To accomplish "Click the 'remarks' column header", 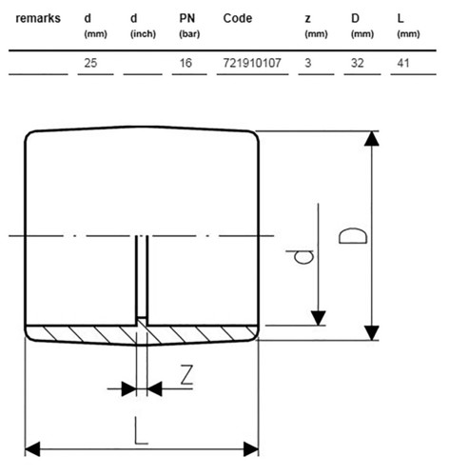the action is pyautogui.click(x=38, y=18).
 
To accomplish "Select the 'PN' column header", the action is pyautogui.click(x=187, y=18).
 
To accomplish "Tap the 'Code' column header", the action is pyautogui.click(x=238, y=18).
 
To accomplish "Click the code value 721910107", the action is pyautogui.click(x=252, y=63).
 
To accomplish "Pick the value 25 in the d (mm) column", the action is pyautogui.click(x=90, y=63).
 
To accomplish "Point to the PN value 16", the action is pyautogui.click(x=185, y=63).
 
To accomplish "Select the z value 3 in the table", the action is pyautogui.click(x=308, y=63).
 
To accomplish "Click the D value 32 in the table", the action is pyautogui.click(x=357, y=63).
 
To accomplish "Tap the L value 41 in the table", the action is pyautogui.click(x=403, y=63).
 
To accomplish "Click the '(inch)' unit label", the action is pyautogui.click(x=143, y=34).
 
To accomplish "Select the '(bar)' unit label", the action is pyautogui.click(x=189, y=34).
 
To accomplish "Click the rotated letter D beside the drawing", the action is pyautogui.click(x=353, y=235).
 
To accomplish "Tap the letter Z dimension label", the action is pyautogui.click(x=186, y=375).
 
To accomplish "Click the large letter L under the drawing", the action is pyautogui.click(x=141, y=430).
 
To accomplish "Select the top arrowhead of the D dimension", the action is pyautogui.click(x=372, y=138).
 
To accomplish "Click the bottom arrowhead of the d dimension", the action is pyautogui.click(x=319, y=318).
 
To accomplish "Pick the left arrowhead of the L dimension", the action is pyautogui.click(x=32, y=449).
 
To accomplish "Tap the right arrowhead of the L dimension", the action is pyautogui.click(x=251, y=449).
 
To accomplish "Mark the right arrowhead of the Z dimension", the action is pyautogui.click(x=155, y=388).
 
